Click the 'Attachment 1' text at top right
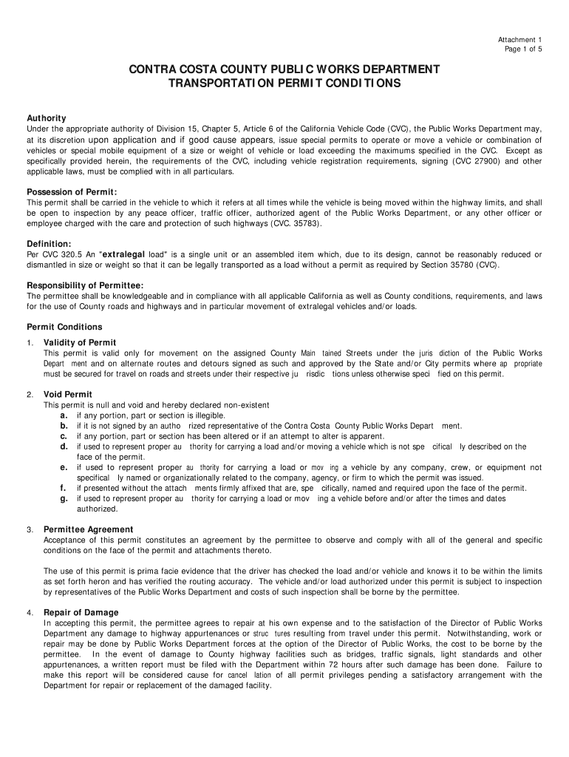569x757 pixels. pos(519,39)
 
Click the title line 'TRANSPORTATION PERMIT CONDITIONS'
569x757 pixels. pos(285,84)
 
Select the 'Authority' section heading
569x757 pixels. pos(47,118)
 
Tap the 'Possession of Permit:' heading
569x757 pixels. pos(72,192)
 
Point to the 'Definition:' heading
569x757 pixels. pos(50,244)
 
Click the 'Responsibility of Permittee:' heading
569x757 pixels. pos(85,285)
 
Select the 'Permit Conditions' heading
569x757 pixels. pos(64,327)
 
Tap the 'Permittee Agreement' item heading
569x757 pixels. pos(89,529)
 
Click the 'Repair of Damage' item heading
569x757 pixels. pos(81,612)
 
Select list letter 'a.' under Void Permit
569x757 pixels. pos(64,415)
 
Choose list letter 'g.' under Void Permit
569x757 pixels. pos(64,498)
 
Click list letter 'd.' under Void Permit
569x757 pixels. pos(64,447)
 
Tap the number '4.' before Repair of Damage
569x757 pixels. pos(30,613)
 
